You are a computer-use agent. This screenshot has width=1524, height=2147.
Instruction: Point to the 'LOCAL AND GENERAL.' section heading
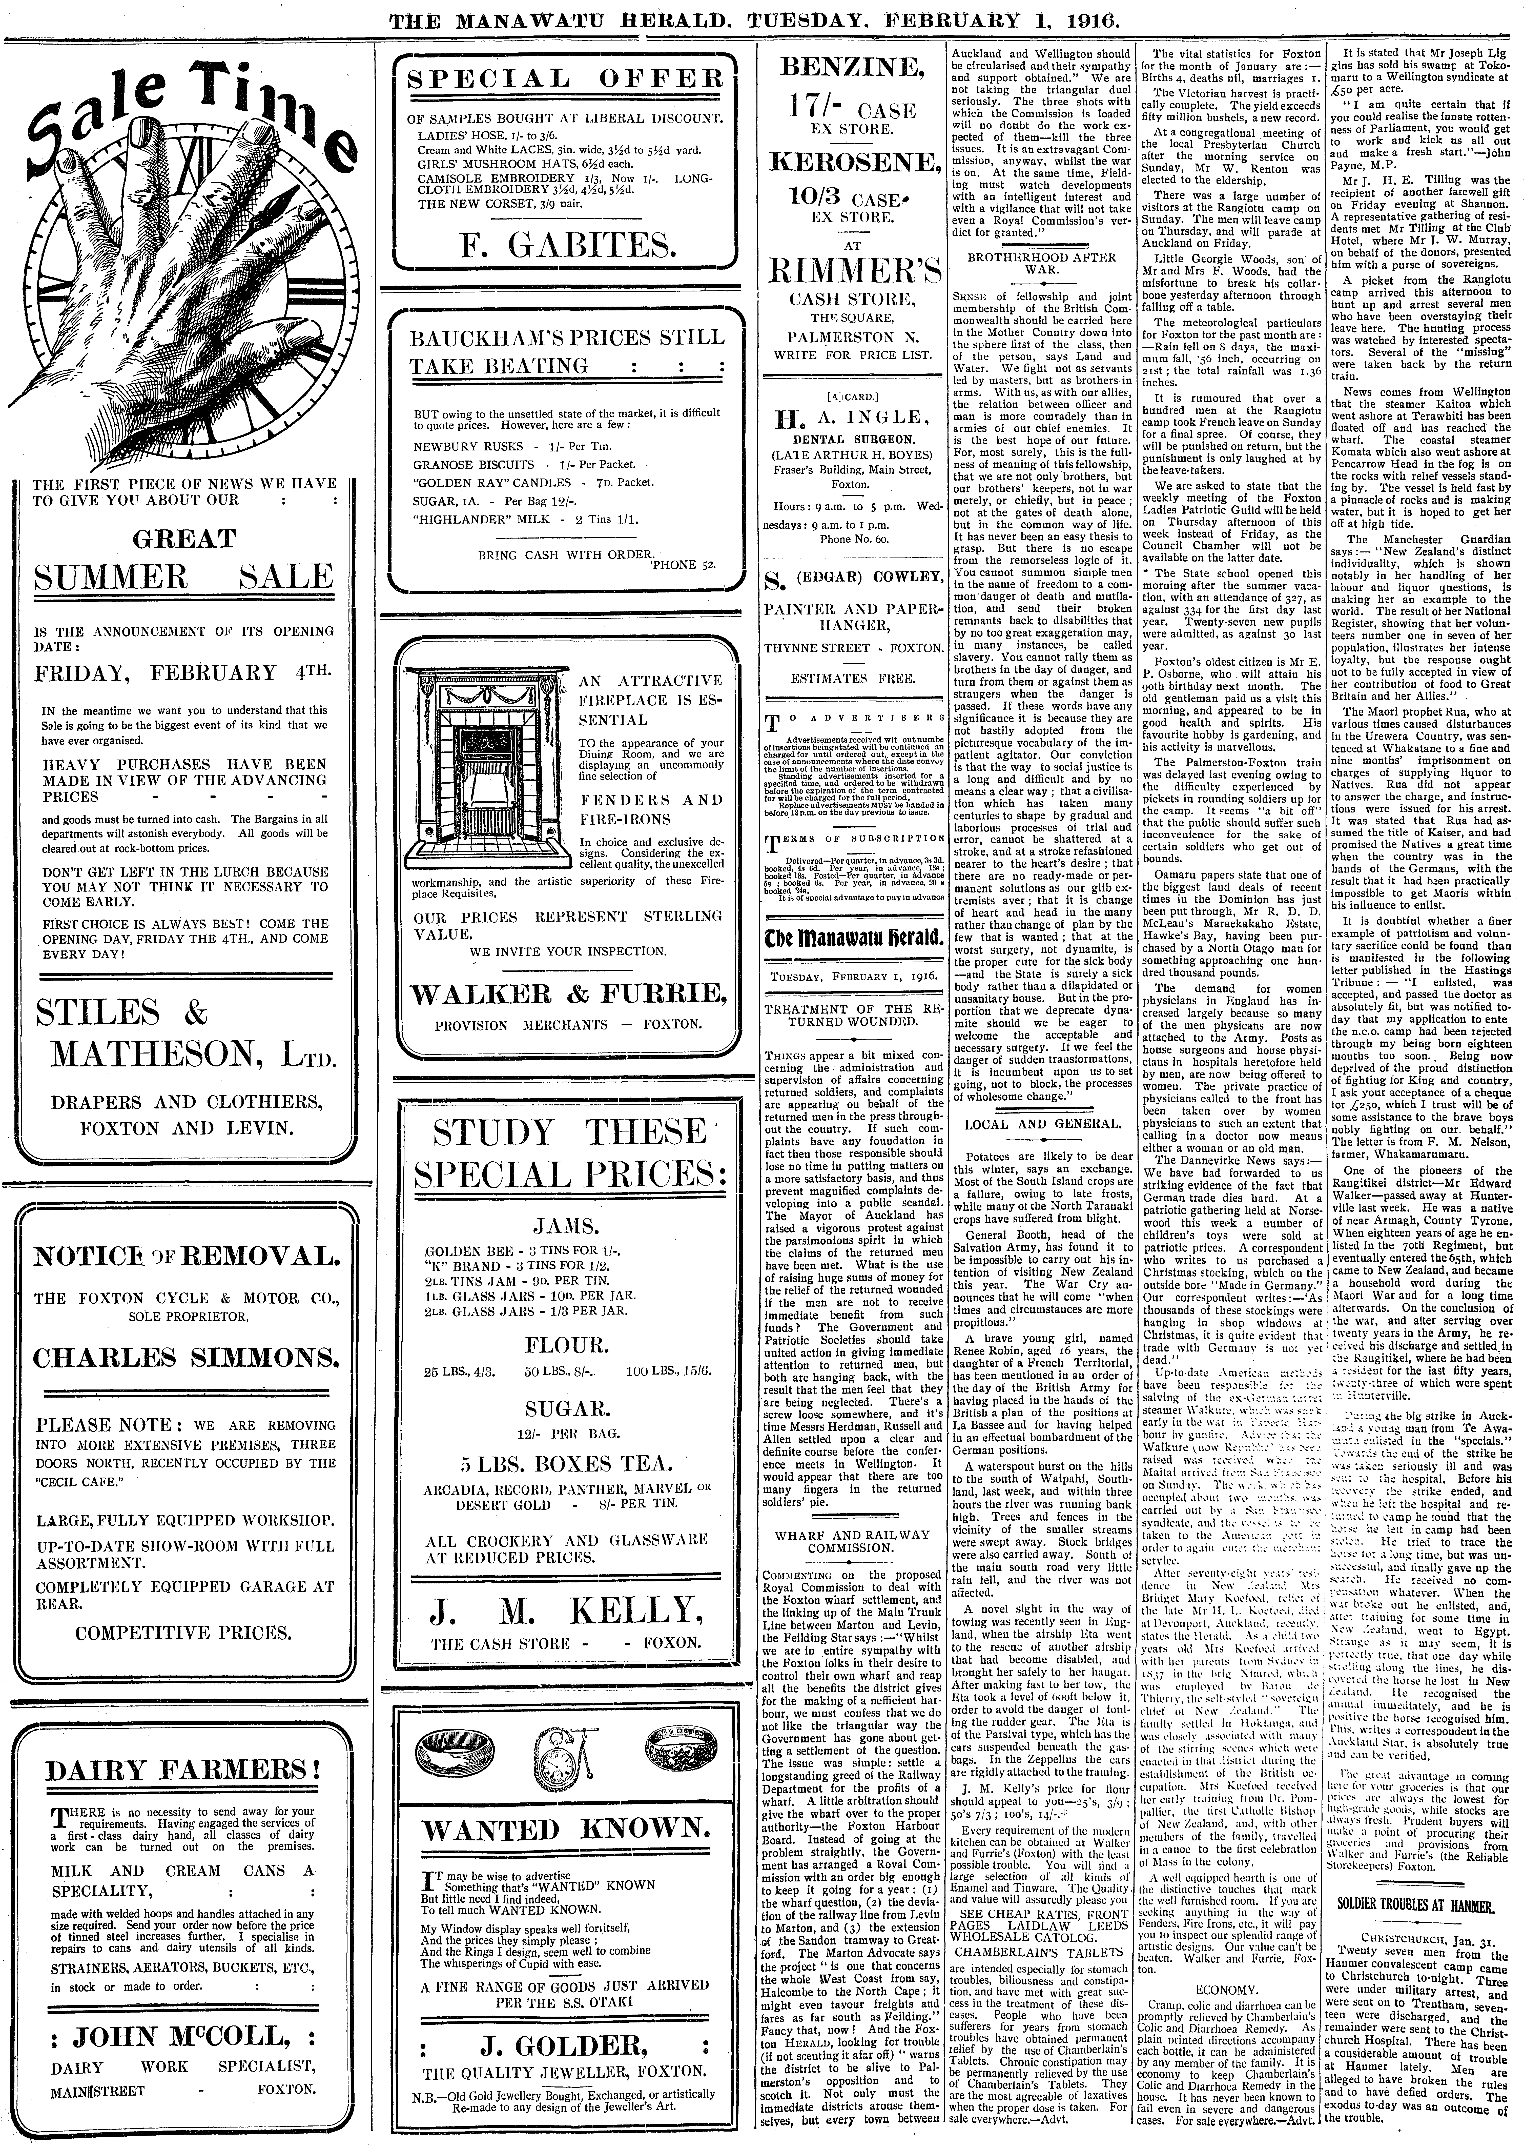click(x=1042, y=1124)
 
